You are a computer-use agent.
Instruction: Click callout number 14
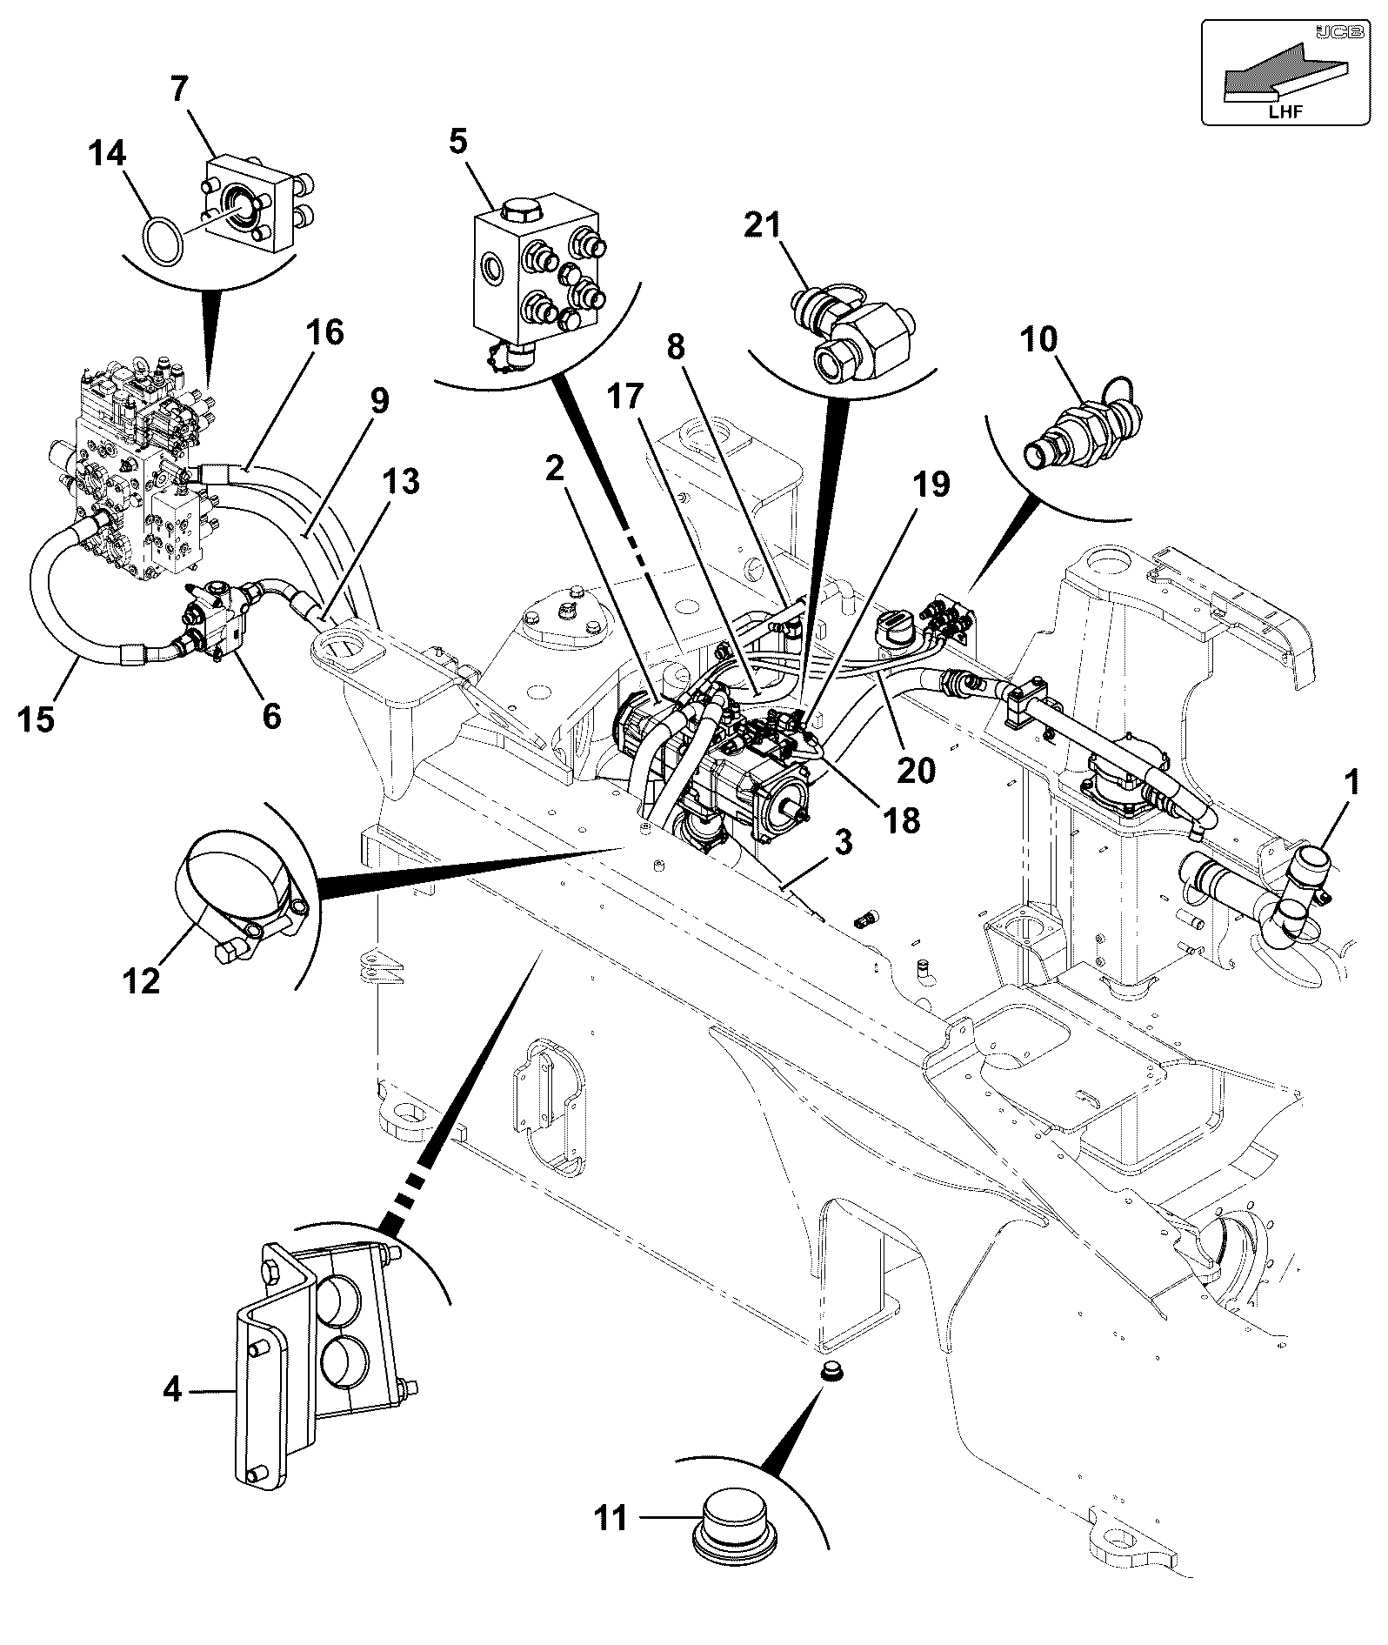pyautogui.click(x=108, y=154)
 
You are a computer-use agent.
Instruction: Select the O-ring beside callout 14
pyautogui.click(x=163, y=237)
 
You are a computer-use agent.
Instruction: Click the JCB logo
pyautogui.click(x=1331, y=32)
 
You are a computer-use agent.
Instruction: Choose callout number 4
pyautogui.click(x=172, y=1390)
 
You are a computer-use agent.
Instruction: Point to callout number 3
pyautogui.click(x=843, y=841)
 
